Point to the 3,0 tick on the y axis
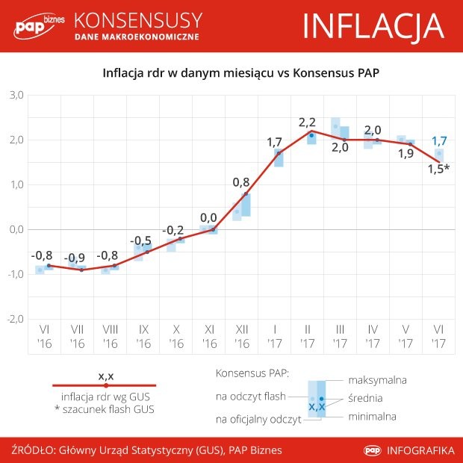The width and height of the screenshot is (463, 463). pyautogui.click(x=16, y=95)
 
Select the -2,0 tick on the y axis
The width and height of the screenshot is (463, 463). pyautogui.click(x=15, y=319)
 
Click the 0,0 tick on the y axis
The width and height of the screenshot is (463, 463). pyautogui.click(x=16, y=229)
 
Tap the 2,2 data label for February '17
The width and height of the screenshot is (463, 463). pyautogui.click(x=307, y=122)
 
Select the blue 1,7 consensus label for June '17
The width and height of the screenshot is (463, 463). pyautogui.click(x=440, y=140)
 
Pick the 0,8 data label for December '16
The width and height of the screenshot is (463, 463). pyautogui.click(x=241, y=181)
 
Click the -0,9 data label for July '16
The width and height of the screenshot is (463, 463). pyautogui.click(x=75, y=258)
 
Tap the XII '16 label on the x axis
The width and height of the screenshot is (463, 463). pyautogui.click(x=242, y=335)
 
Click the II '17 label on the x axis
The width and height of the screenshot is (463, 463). pyautogui.click(x=307, y=335)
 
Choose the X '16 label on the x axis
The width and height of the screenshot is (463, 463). pyautogui.click(x=176, y=335)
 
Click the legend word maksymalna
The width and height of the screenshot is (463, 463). pyautogui.click(x=377, y=380)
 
